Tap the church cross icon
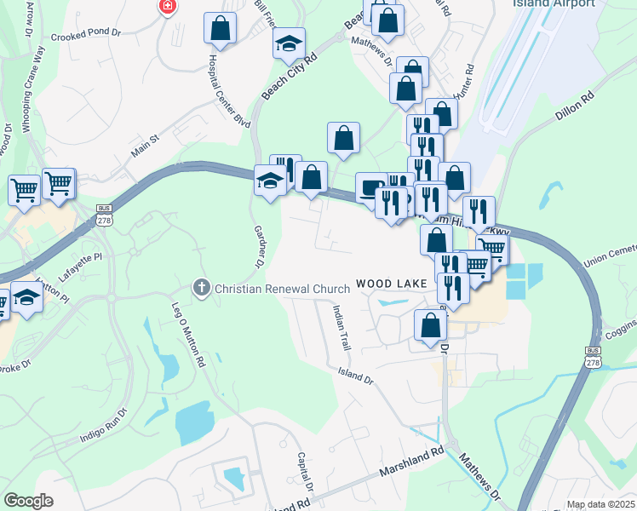coord(202,288)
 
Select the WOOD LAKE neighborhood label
coord(388,283)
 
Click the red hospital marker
coord(168,7)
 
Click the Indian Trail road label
coord(341,330)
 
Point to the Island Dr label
coord(356,374)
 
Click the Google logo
coord(29,501)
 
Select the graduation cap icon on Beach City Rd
coord(289,43)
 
